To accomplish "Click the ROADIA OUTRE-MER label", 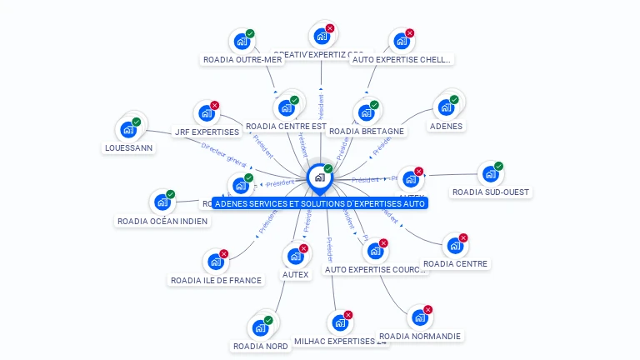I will pyautogui.click(x=242, y=60).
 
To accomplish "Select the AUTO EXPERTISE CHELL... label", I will pyautogui.click(x=401, y=60).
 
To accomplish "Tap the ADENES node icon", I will pyautogui.click(x=446, y=107).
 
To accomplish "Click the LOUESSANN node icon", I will pyautogui.click(x=128, y=129).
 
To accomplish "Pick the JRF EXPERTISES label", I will pyautogui.click(x=207, y=132).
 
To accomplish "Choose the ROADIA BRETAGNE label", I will pyautogui.click(x=366, y=131).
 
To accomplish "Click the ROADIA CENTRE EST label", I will pyautogui.click(x=286, y=127).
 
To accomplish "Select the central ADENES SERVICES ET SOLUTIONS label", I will pyautogui.click(x=320, y=203).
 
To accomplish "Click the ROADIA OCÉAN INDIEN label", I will pyautogui.click(x=162, y=221).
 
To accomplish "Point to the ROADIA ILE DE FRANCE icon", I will pyautogui.click(x=216, y=262).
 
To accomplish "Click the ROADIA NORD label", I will pyautogui.click(x=261, y=346).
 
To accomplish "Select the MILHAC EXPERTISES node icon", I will pyautogui.click(x=337, y=322).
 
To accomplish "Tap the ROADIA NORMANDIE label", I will pyautogui.click(x=420, y=336).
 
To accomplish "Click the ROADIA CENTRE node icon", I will pyautogui.click(x=454, y=245).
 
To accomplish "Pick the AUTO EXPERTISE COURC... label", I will pyautogui.click(x=375, y=269).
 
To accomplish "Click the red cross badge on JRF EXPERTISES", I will pyautogui.click(x=215, y=106).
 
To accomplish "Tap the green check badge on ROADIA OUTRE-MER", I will pyautogui.click(x=250, y=34).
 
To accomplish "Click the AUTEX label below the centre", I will pyautogui.click(x=295, y=274).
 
